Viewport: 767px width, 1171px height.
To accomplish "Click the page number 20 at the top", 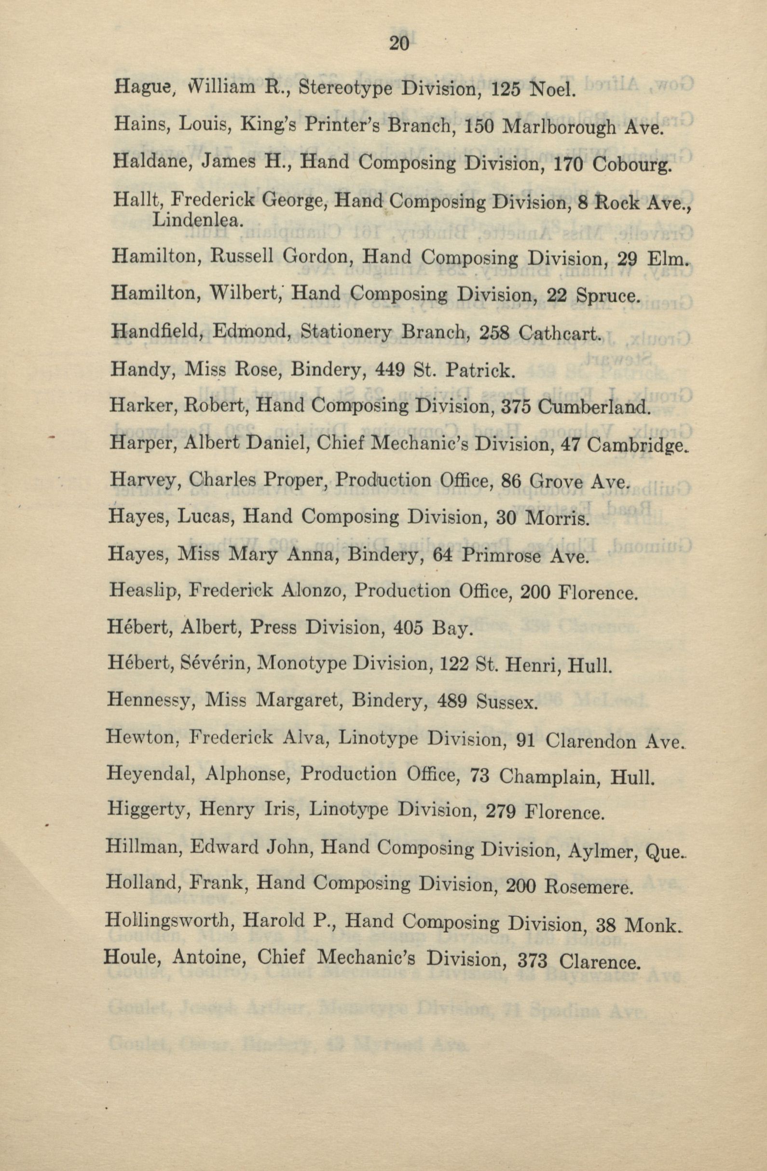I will pyautogui.click(x=398, y=44).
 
